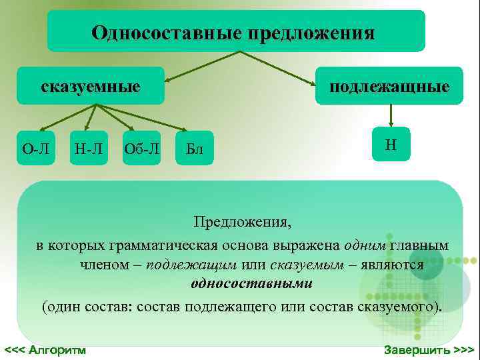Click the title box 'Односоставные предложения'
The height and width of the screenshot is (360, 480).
coord(235,31)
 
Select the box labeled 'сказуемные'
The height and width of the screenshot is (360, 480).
coord(91,86)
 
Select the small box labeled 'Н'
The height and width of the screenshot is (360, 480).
coord(391,144)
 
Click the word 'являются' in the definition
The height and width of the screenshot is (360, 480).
coord(396,263)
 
